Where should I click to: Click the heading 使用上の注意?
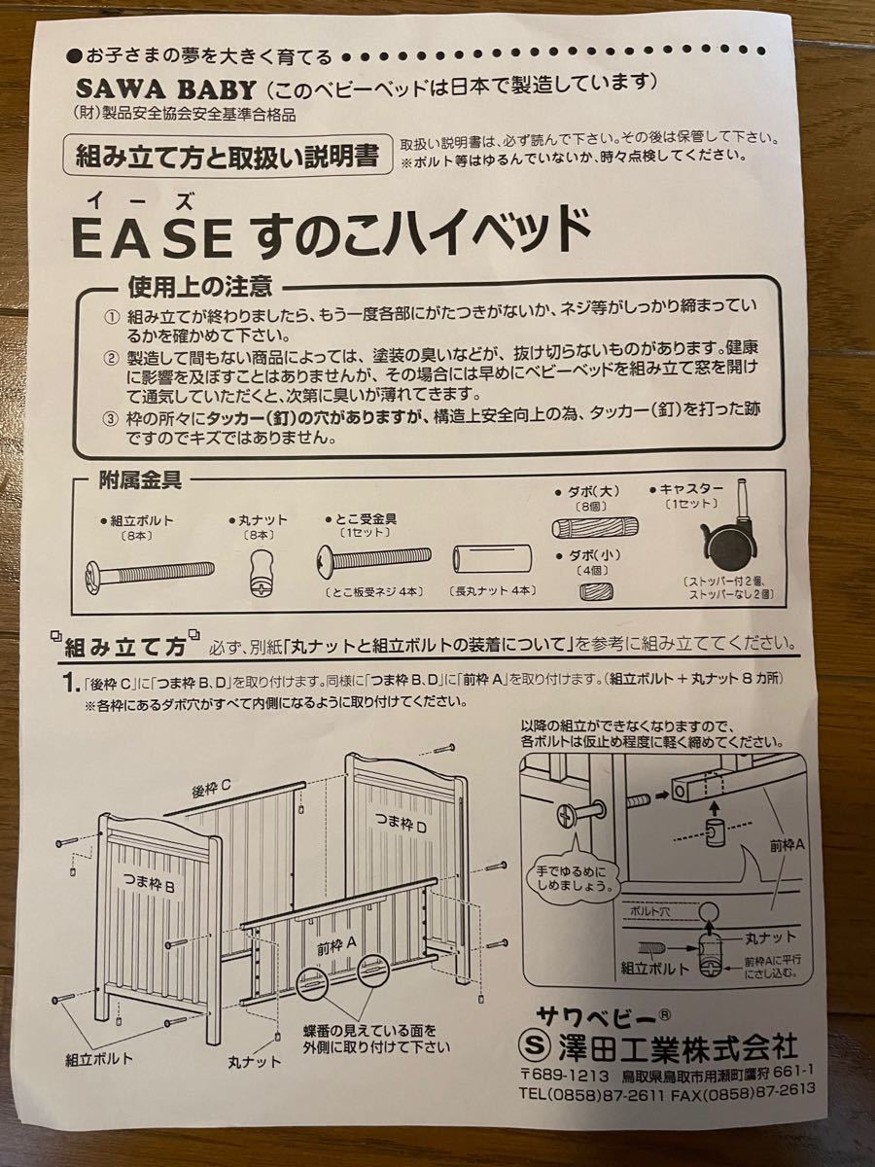(199, 287)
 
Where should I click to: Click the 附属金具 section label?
(139, 479)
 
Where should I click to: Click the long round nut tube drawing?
(494, 558)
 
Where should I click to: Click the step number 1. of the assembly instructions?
(68, 684)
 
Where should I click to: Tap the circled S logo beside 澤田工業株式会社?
(532, 1048)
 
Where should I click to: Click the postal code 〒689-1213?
(565, 1077)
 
